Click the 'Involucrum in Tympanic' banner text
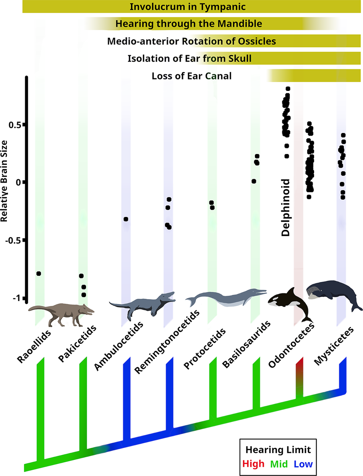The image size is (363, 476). click(188, 7)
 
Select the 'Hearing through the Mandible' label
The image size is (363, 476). click(189, 24)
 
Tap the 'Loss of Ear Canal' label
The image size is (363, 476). click(192, 76)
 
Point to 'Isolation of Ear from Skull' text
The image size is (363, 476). click(190, 58)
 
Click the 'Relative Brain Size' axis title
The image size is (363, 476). click(4, 181)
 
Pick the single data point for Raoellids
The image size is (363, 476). click(39, 274)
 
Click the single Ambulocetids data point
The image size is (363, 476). click(126, 219)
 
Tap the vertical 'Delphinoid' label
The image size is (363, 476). click(285, 207)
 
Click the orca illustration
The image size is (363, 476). click(290, 304)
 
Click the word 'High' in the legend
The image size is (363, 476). click(253, 464)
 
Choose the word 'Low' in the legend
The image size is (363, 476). click(303, 464)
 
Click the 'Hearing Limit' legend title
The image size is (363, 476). click(278, 450)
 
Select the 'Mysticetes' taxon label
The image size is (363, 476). click(334, 346)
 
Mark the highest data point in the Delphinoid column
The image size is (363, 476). click(288, 89)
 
